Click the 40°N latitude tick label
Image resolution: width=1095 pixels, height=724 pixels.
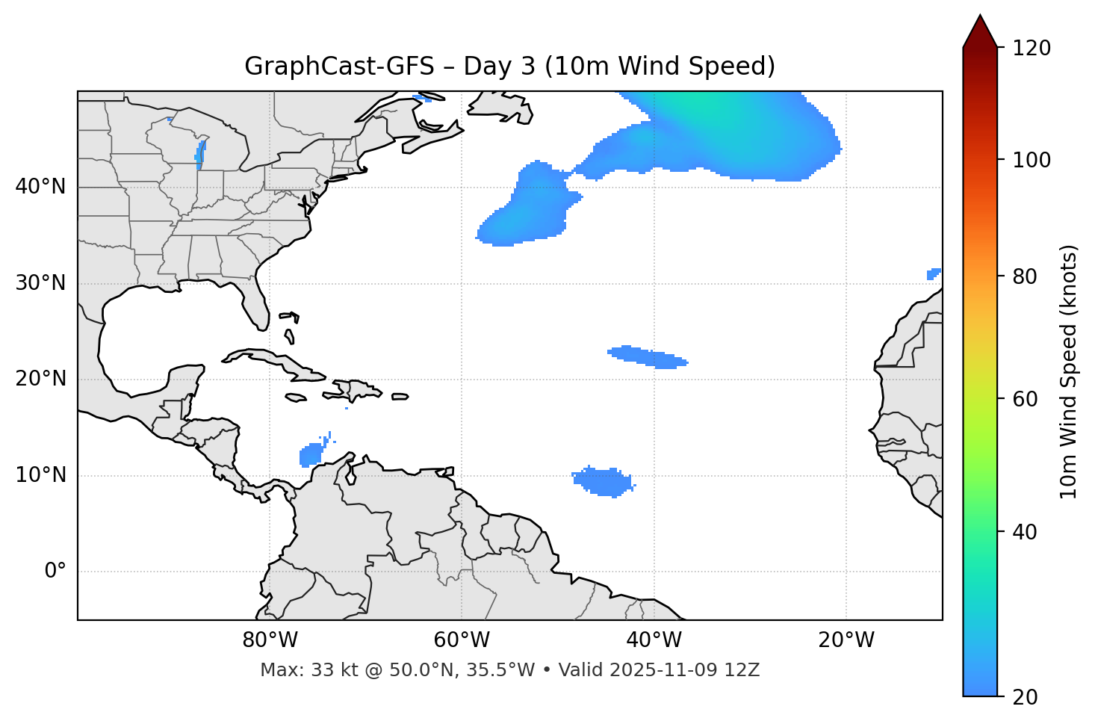[40, 187]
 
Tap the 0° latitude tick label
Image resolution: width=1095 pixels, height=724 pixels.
[55, 572]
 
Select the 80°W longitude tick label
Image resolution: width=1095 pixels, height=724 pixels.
[270, 640]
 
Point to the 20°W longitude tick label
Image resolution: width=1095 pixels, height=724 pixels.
[846, 640]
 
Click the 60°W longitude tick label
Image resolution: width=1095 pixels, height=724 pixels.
[462, 640]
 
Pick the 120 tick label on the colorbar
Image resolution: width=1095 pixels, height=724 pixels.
[1032, 49]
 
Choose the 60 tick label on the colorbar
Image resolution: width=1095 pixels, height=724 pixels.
[1026, 399]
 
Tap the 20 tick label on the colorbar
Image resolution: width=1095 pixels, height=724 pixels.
[1026, 697]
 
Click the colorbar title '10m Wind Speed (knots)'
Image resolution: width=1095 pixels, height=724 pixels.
[1069, 371]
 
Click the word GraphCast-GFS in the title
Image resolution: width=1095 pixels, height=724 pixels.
[339, 66]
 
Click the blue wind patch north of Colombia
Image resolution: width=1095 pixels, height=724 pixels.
[310, 454]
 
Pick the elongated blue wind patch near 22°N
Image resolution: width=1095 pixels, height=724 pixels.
[647, 357]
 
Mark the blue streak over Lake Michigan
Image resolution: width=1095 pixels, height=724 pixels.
[200, 154]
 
